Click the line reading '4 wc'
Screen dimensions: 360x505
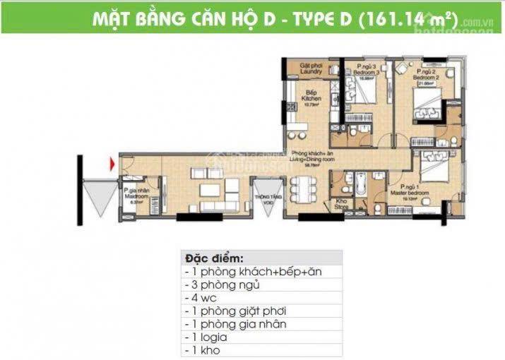pos(205,297)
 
